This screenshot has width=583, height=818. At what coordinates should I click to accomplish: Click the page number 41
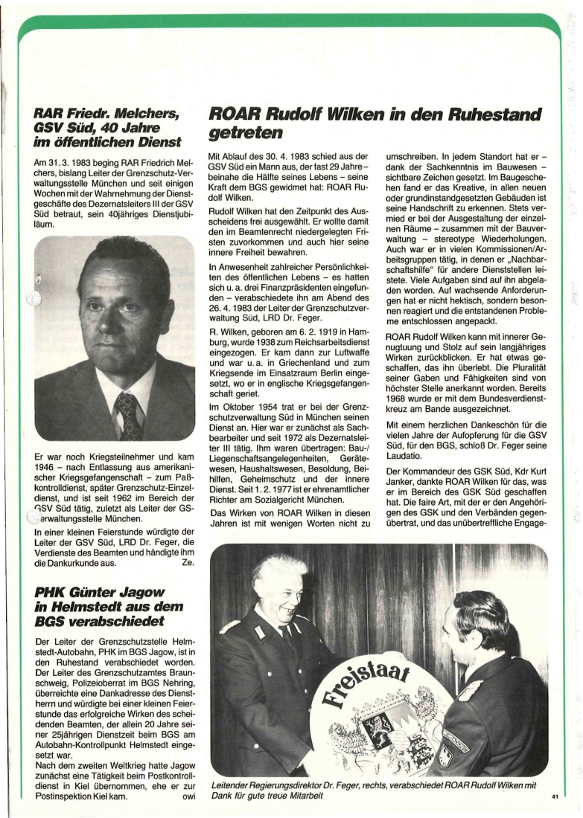tap(555, 797)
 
